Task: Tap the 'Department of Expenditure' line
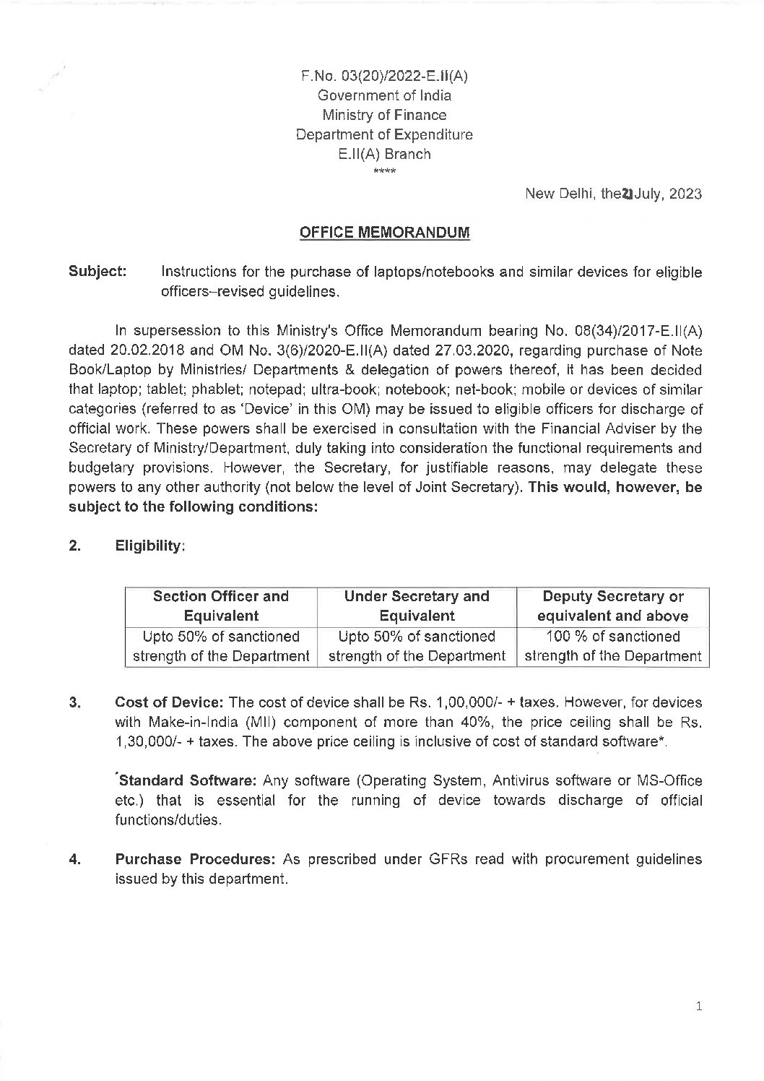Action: [x=384, y=134]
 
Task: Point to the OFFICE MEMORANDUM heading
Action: [x=384, y=233]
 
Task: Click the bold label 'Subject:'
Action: [x=97, y=272]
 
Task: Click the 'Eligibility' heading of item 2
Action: [x=150, y=546]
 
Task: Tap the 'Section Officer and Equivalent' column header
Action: [x=221, y=606]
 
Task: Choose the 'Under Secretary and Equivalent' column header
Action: [x=417, y=606]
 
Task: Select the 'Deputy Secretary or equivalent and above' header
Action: [x=613, y=606]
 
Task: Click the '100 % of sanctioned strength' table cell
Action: [x=613, y=646]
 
